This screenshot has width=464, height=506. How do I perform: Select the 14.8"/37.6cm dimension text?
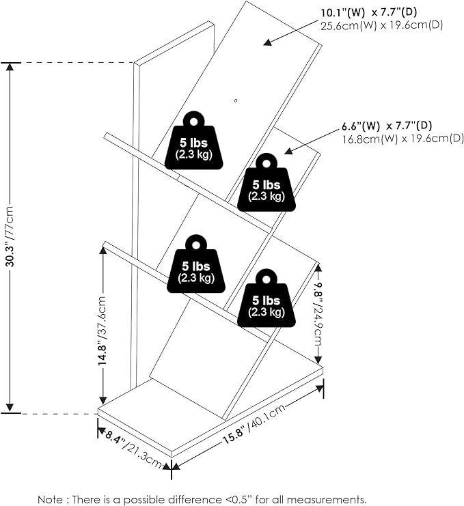pyautogui.click(x=103, y=331)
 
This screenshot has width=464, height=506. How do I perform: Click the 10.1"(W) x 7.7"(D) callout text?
pyautogui.click(x=377, y=13)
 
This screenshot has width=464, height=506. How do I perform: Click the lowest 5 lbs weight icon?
pyautogui.click(x=267, y=301)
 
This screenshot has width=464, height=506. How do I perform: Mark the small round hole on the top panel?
pyautogui.click(x=235, y=101)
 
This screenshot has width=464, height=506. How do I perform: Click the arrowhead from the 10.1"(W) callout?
pyautogui.click(x=267, y=43)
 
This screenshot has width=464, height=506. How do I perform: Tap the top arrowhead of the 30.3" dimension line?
pyautogui.click(x=10, y=67)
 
